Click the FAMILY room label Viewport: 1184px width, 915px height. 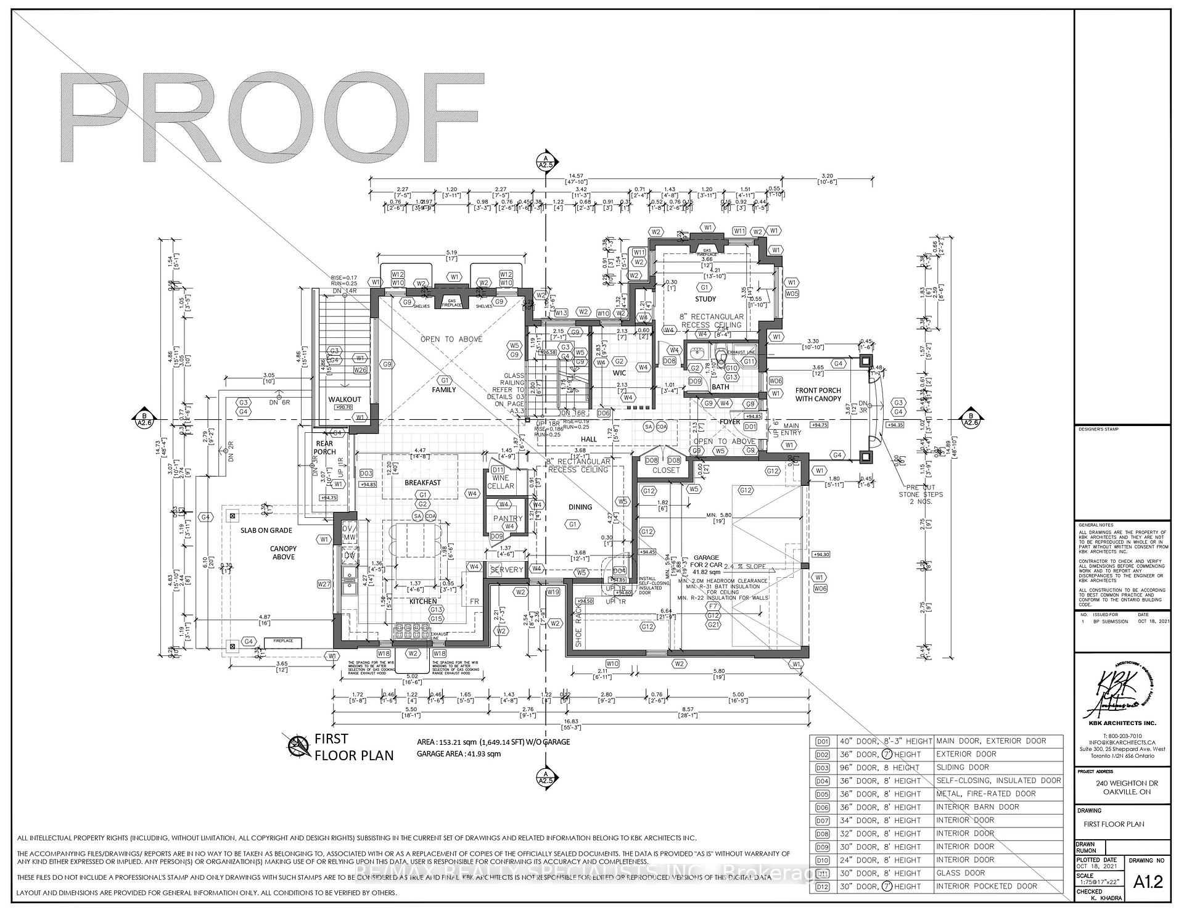coord(443,390)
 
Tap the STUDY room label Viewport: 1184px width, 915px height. coord(705,299)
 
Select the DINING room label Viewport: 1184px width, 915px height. coord(580,507)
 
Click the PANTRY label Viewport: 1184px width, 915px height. coord(507,519)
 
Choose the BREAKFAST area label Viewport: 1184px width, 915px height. coord(422,482)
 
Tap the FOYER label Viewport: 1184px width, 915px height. coord(730,422)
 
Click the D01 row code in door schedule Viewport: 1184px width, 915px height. coord(823,741)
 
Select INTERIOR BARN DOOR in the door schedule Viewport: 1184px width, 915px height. coord(977,807)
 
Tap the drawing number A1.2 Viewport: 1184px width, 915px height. coord(1148,882)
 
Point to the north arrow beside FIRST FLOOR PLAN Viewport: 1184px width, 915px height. coord(298,747)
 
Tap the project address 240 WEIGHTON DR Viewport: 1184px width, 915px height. coord(1122,783)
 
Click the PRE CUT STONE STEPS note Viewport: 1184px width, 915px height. coord(920,494)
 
